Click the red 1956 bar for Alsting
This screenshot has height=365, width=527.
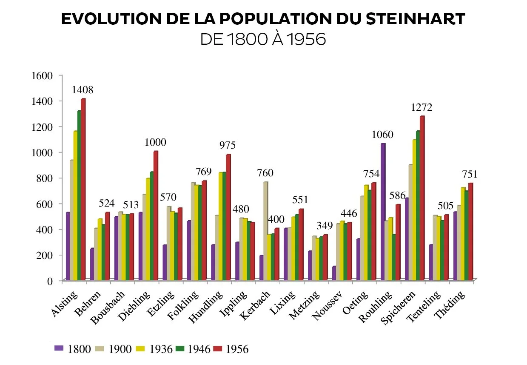click(x=83, y=190)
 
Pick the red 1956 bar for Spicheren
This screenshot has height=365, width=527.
click(x=422, y=198)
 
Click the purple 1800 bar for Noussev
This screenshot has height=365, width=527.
click(x=334, y=273)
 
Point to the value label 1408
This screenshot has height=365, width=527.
click(x=83, y=90)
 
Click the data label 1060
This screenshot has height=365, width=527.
click(x=382, y=135)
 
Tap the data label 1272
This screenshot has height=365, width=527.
click(x=422, y=107)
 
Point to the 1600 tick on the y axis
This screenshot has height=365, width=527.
click(x=42, y=76)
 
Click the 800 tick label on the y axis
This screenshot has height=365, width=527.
click(x=44, y=178)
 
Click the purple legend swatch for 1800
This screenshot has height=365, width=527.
click(x=59, y=348)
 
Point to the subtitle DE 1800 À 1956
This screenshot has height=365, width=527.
click(x=263, y=40)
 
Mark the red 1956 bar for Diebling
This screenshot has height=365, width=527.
click(x=156, y=216)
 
